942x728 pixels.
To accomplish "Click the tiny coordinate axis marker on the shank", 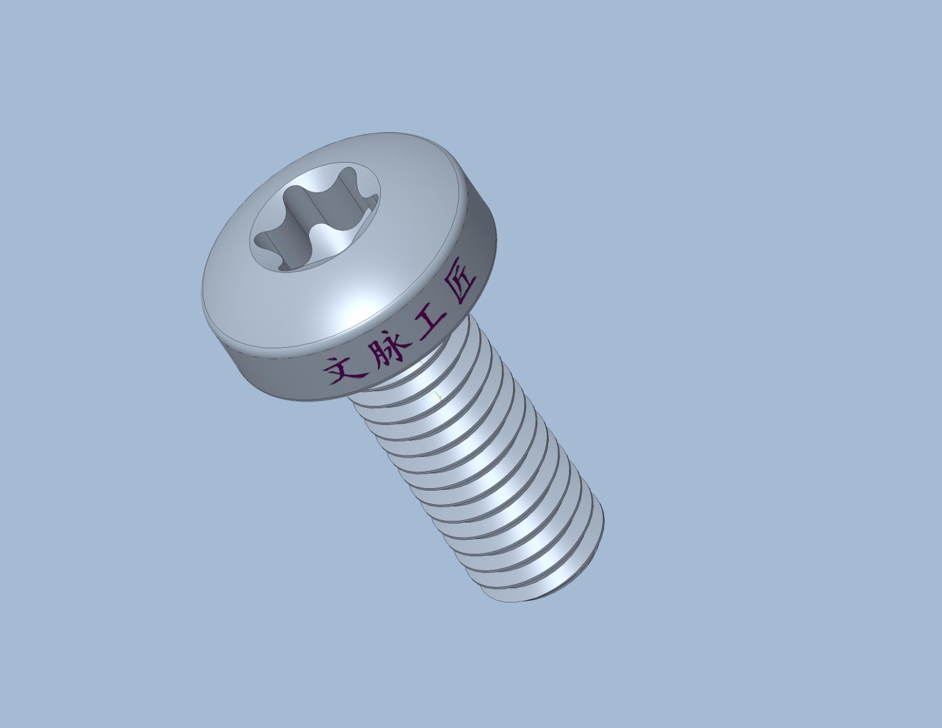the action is pos(433,396).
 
